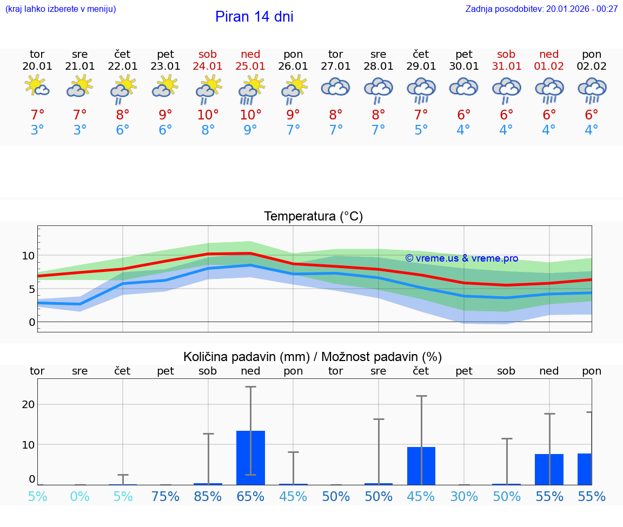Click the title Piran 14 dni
click(254, 17)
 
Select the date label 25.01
click(250, 66)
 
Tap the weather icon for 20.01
click(37, 87)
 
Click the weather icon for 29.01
click(421, 90)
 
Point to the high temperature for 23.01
click(165, 115)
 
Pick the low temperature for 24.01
click(208, 130)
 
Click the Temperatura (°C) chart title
click(313, 217)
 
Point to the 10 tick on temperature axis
click(28, 255)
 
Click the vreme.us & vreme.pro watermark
click(461, 258)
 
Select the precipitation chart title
click(313, 357)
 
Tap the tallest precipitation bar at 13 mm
click(250, 457)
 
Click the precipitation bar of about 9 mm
click(421, 465)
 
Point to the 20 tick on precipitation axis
click(28, 404)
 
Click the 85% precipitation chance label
click(208, 497)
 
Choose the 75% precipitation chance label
click(165, 497)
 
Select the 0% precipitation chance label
click(79, 497)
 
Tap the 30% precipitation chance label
click(464, 497)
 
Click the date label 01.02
click(549, 66)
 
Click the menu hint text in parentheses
click(60, 9)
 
